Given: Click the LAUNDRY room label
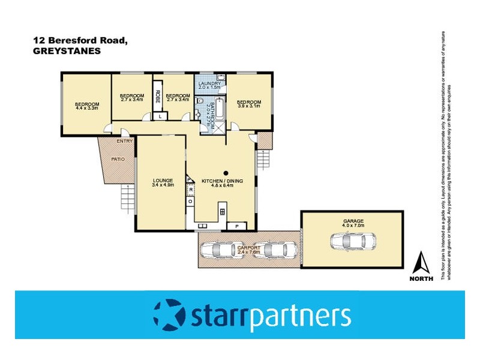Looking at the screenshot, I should click(x=210, y=83).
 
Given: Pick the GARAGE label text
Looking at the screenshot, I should click(x=354, y=221).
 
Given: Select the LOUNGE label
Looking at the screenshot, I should click(x=163, y=180).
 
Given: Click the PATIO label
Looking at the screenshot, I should click(x=118, y=159).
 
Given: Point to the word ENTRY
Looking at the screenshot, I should click(x=125, y=141).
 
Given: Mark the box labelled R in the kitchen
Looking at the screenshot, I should click(x=190, y=190).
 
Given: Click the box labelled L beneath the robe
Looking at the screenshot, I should click(x=161, y=116).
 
